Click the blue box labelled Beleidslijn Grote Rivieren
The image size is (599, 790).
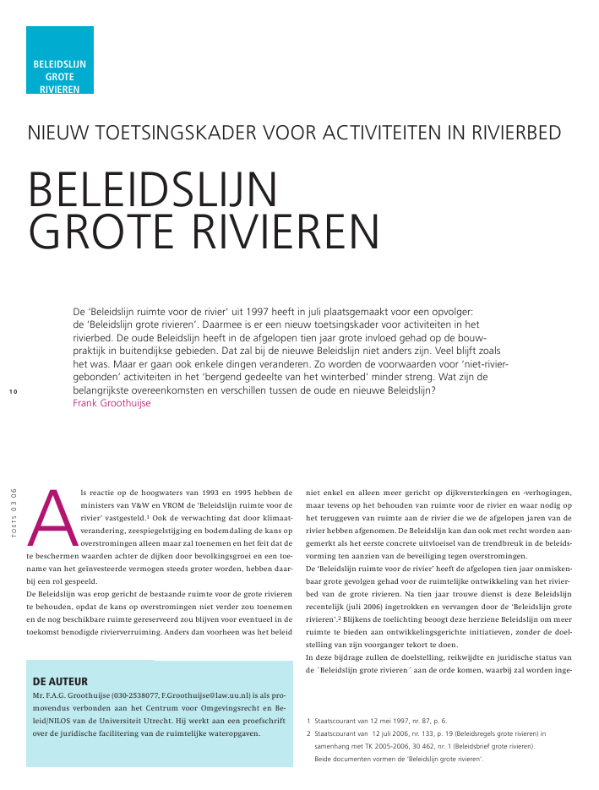click(x=59, y=60)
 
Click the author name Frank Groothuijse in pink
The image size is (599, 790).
click(x=113, y=403)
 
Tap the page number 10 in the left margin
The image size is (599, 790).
click(x=13, y=390)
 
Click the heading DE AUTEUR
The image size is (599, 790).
click(x=60, y=679)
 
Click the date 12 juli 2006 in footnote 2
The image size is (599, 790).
click(x=395, y=734)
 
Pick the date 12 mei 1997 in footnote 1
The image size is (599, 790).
click(x=395, y=722)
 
